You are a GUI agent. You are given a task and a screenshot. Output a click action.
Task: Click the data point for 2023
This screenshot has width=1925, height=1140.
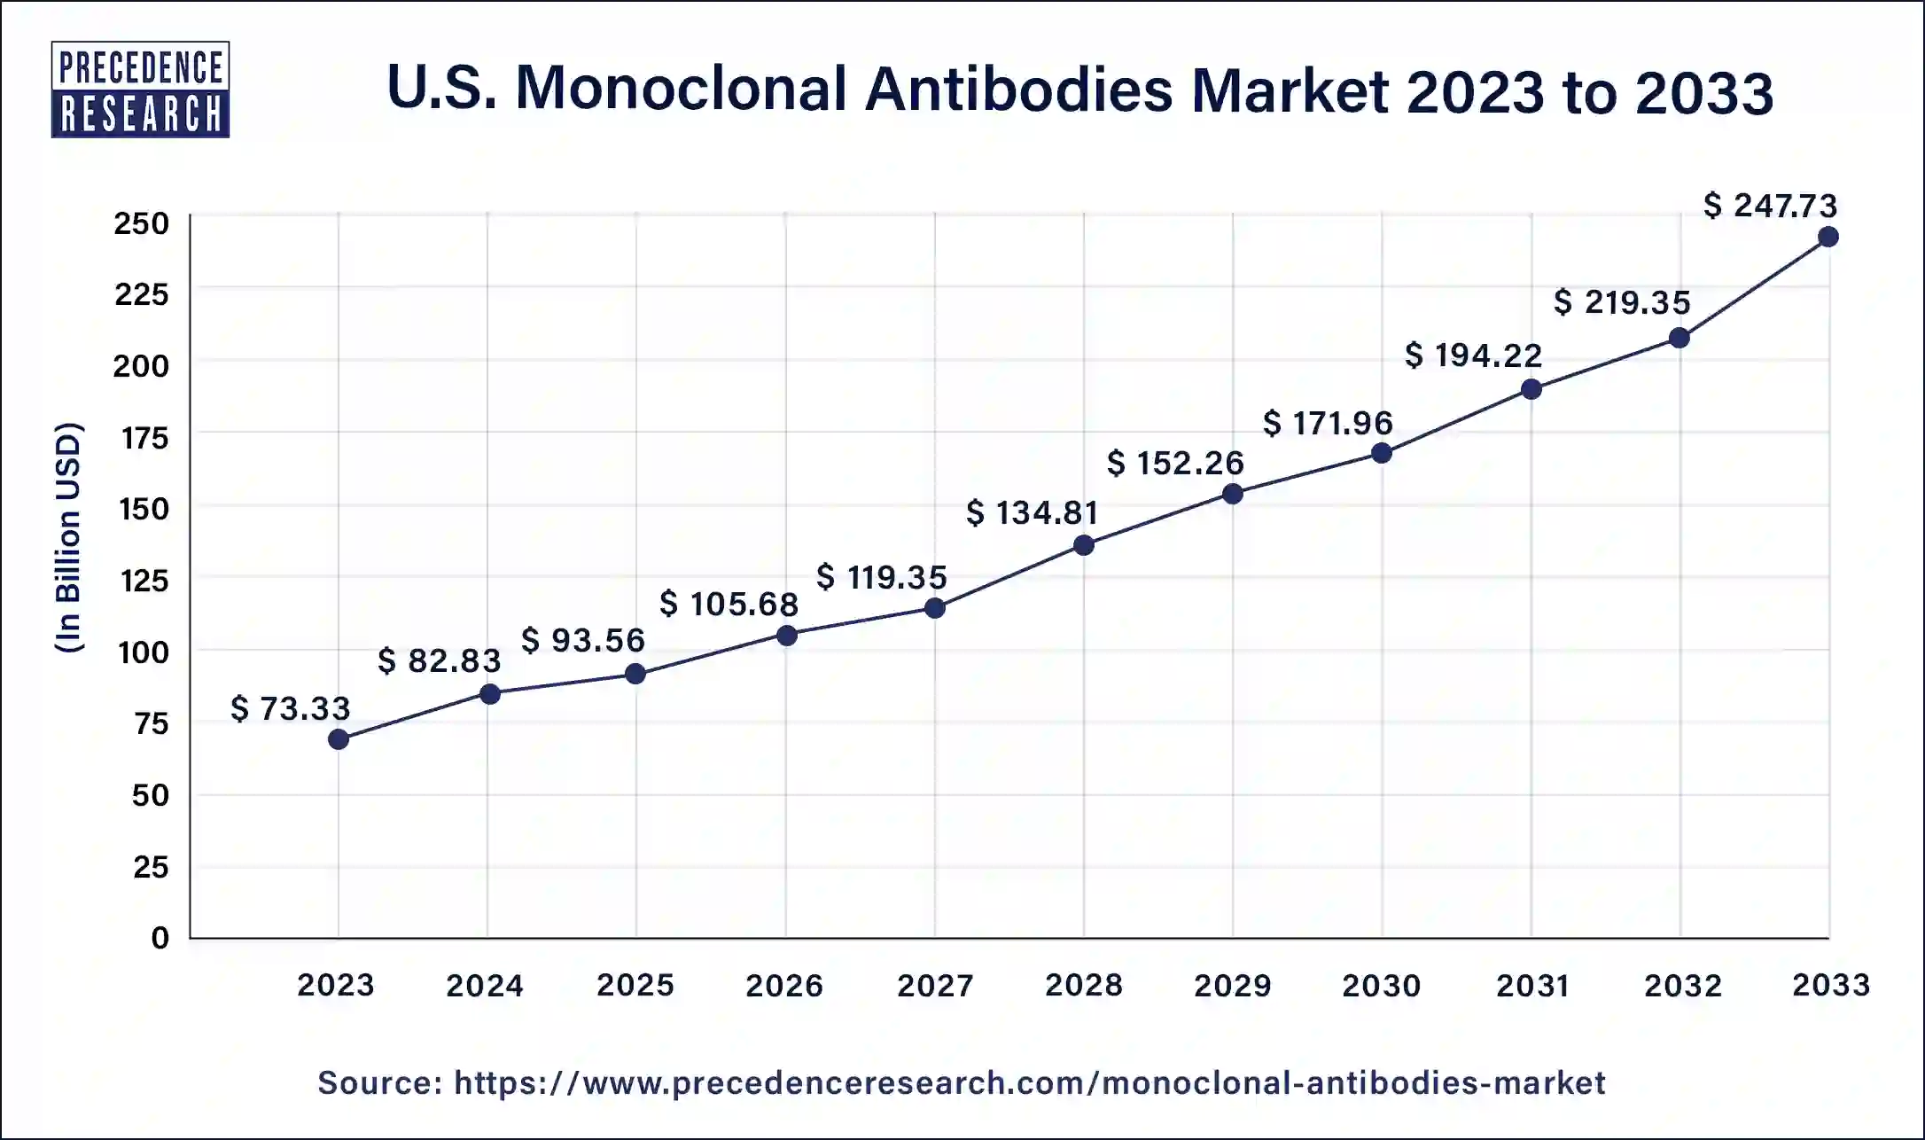click(338, 738)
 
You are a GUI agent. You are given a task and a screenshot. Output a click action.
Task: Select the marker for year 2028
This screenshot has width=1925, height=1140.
click(1083, 545)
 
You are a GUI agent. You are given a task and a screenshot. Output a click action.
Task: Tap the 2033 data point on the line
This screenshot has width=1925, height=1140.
click(1828, 237)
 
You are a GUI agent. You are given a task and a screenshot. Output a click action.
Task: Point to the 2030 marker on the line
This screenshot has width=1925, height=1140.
click(1381, 453)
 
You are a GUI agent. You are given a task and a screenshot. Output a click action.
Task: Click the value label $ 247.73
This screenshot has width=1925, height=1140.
click(1770, 206)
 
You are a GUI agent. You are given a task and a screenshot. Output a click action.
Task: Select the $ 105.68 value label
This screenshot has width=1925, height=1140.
click(729, 605)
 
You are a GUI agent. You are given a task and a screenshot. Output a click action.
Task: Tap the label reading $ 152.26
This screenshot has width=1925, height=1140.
click(1175, 463)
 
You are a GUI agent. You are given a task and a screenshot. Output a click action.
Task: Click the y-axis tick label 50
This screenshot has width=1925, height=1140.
click(150, 795)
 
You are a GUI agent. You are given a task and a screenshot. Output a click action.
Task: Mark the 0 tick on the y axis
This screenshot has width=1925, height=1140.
click(160, 938)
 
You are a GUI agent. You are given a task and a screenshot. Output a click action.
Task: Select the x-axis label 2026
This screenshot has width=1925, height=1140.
click(784, 985)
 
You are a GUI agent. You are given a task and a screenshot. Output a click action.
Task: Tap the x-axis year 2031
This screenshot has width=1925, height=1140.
click(1532, 985)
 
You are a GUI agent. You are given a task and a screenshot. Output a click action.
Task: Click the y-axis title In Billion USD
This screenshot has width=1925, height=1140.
click(68, 538)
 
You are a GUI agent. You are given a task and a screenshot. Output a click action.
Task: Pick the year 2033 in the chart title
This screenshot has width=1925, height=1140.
click(1703, 92)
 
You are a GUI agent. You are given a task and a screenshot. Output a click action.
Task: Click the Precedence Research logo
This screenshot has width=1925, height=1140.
click(140, 90)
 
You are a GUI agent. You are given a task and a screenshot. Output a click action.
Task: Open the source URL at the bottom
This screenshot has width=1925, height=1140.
click(961, 1082)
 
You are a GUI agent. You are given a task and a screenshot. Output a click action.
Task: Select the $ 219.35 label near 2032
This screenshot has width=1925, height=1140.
click(1622, 303)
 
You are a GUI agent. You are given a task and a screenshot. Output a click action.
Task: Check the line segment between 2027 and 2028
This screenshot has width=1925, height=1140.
click(1009, 577)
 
